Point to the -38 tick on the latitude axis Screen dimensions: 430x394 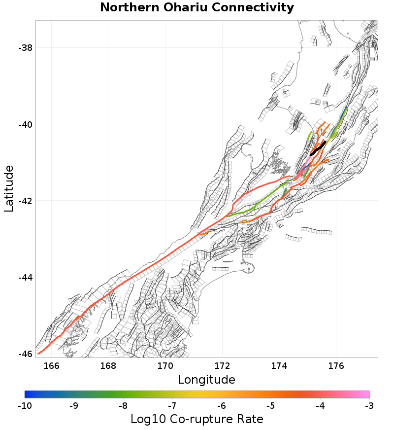[x=25, y=48]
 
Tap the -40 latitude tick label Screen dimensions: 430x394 [x=25, y=124]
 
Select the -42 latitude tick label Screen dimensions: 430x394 [x=25, y=201]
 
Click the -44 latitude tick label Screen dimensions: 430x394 [x=25, y=277]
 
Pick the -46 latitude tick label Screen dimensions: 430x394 [x=25, y=354]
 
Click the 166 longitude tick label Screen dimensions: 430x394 [x=51, y=366]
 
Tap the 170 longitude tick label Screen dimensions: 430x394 [x=165, y=366]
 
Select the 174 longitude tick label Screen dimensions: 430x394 [x=279, y=366]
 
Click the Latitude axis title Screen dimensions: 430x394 [x=9, y=189]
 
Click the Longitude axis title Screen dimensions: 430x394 [x=206, y=380]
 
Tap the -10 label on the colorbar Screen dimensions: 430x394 [x=25, y=406]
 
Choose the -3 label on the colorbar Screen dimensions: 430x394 [x=369, y=406]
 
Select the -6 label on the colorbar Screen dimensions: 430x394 [x=221, y=406]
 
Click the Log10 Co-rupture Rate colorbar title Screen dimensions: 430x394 [x=197, y=419]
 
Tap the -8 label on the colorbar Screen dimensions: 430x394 [x=123, y=406]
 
